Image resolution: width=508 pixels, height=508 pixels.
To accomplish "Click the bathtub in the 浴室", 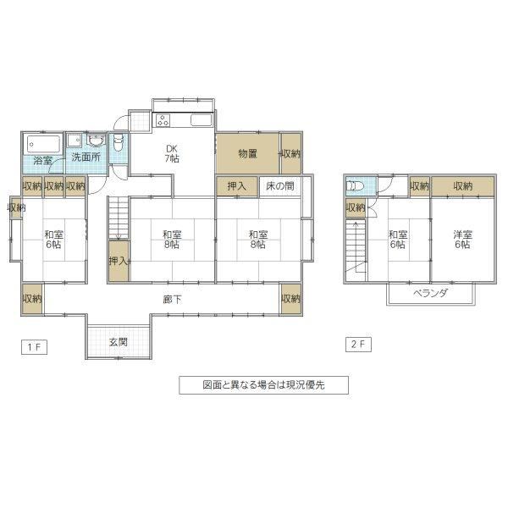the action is point(44,144).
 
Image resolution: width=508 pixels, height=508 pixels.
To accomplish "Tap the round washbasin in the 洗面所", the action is point(96,141).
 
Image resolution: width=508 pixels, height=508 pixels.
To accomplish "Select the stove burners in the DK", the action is point(163,120).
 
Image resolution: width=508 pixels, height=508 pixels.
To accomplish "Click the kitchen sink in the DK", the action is point(202,120).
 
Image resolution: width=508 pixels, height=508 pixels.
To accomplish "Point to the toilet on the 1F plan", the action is point(119,143).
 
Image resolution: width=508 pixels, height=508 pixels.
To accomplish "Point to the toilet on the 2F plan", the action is point(356,186).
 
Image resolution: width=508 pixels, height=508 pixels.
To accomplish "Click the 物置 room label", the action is point(248,153).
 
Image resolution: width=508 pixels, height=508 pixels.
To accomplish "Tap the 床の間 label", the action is point(280,186).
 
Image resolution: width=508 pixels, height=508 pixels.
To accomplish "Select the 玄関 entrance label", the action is point(119,342).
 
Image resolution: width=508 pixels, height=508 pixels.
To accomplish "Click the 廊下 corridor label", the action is point(172,300).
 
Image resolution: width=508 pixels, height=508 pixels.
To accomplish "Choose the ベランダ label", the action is point(430,293).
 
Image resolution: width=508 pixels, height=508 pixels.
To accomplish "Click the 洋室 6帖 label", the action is point(462,239).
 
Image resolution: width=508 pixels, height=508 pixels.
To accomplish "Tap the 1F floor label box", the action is point(34,347).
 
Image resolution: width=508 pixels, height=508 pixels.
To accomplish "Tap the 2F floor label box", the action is point(358,345).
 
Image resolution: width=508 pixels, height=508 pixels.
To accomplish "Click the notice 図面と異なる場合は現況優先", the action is point(263,385).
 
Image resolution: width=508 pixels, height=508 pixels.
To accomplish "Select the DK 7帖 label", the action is point(172,153).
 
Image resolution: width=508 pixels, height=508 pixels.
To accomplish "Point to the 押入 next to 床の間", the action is point(237,186).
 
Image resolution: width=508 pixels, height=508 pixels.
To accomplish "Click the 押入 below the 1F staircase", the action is point(119,261).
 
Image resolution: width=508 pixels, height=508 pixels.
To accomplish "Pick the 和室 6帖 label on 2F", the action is point(398,239).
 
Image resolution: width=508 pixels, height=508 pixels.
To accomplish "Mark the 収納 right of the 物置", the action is point(291,153).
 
